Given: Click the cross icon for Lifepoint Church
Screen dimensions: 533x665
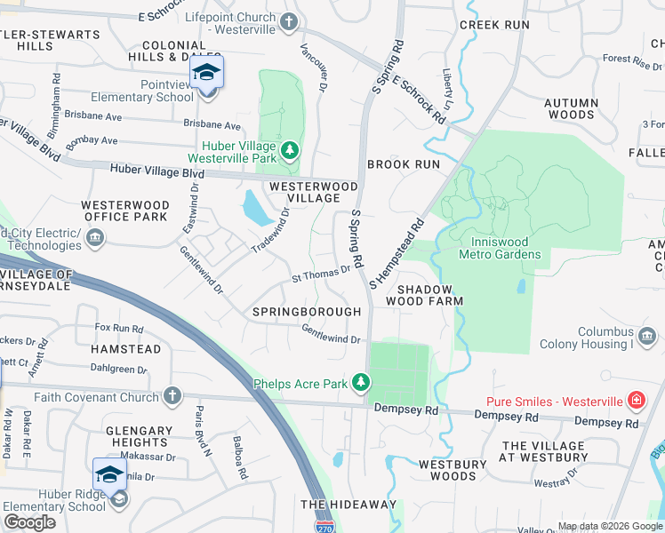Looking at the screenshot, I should pyautogui.click(x=288, y=21).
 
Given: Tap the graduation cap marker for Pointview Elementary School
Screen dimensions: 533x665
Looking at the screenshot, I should pyautogui.click(x=206, y=73).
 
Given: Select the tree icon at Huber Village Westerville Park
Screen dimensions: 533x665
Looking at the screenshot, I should pyautogui.click(x=289, y=150).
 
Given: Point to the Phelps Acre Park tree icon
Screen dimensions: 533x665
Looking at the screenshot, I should pyautogui.click(x=360, y=383).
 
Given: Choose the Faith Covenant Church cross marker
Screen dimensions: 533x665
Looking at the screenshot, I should pyautogui.click(x=172, y=396).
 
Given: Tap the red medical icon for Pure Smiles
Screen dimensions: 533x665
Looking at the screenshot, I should pyautogui.click(x=636, y=401).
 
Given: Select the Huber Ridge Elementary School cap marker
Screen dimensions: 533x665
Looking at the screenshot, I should pyautogui.click(x=110, y=477).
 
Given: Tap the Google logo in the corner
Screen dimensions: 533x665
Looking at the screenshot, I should pyautogui.click(x=29, y=522).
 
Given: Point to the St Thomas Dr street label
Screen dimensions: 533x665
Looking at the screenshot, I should pyautogui.click(x=322, y=274).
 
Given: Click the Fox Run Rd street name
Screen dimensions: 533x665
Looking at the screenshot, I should pyautogui.click(x=119, y=328).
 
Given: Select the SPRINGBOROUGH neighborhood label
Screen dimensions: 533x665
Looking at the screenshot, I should pyautogui.click(x=307, y=312).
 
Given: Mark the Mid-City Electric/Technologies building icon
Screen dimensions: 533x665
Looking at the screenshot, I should pyautogui.click(x=95, y=238).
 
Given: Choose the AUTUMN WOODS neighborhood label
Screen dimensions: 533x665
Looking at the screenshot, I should pyautogui.click(x=570, y=108).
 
